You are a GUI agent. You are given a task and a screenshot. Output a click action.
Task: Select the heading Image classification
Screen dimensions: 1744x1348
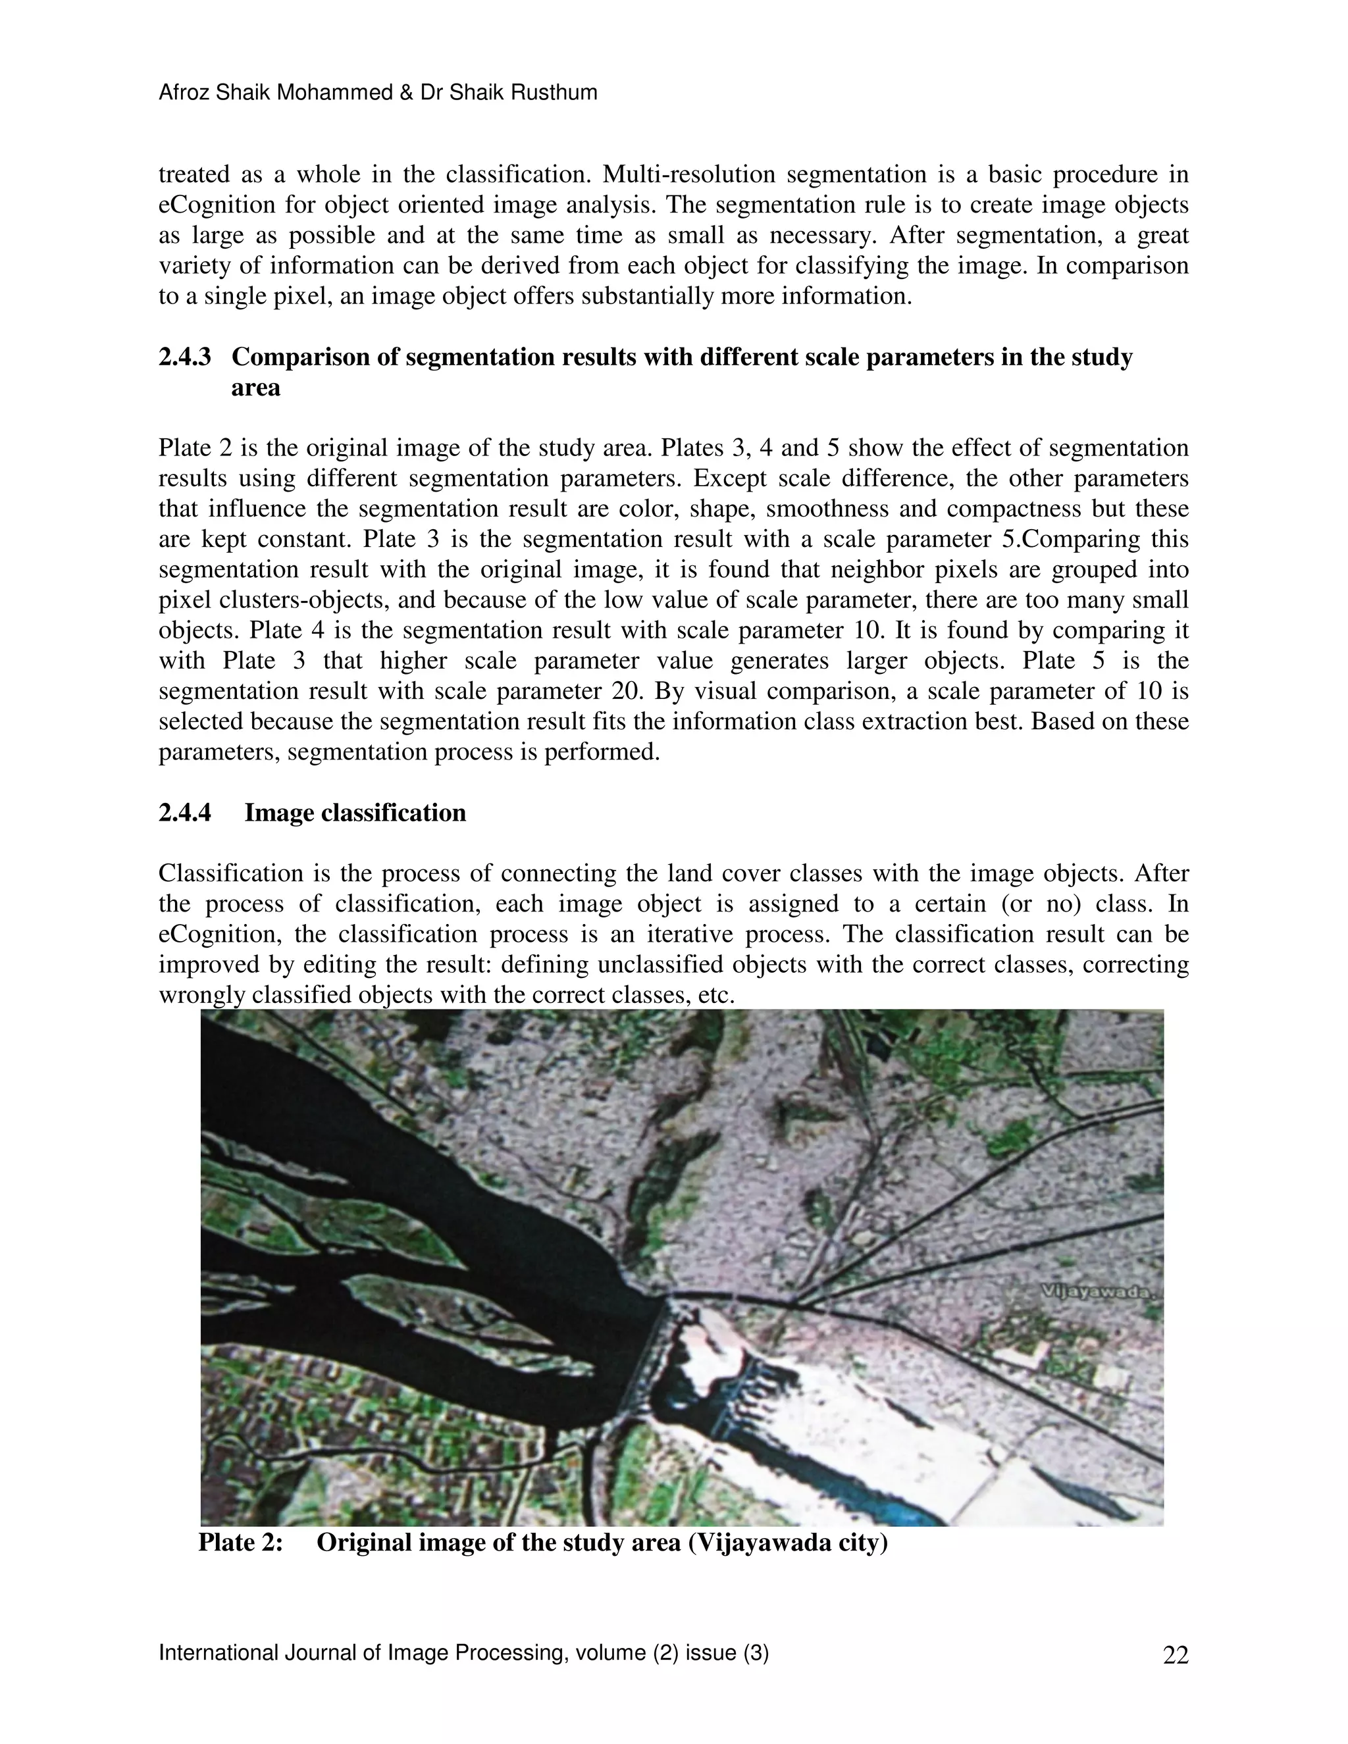(x=355, y=812)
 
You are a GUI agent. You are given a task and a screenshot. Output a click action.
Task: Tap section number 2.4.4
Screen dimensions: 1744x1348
(x=184, y=812)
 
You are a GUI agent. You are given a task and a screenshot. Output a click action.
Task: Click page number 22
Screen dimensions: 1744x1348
(x=1176, y=1655)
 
